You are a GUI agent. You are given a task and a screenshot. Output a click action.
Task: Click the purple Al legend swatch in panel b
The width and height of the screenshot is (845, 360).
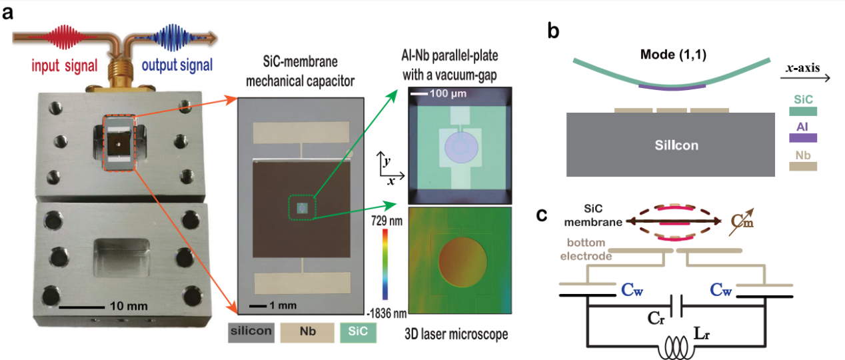point(802,138)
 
